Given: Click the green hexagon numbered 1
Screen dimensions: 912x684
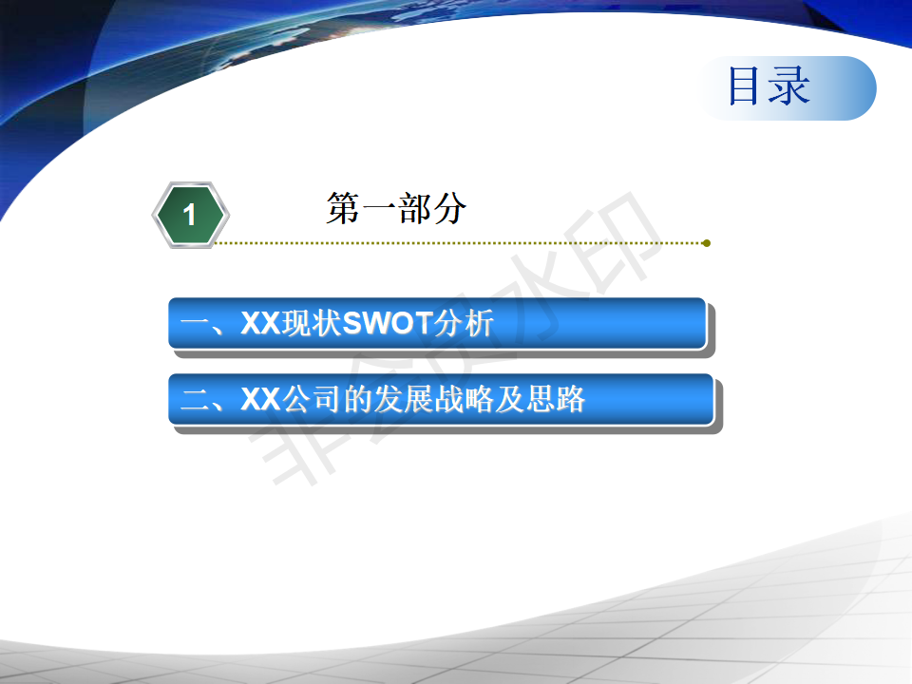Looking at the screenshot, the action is coord(191,215).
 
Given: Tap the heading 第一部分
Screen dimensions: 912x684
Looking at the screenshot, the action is coord(396,208).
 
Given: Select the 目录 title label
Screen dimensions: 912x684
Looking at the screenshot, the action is coord(769,86).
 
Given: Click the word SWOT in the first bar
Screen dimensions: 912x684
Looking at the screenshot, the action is coord(387,323).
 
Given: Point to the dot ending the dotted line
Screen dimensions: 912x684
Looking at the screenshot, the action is coord(706,243).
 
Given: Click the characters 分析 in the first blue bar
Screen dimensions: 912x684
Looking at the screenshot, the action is coord(464,323).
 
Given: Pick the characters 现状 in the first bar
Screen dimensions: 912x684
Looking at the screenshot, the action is coord(312,323).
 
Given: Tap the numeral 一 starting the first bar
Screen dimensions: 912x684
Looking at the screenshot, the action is coord(195,323).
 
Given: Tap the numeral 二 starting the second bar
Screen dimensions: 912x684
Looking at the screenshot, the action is coord(195,400).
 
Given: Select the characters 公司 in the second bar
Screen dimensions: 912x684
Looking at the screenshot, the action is coord(312,399).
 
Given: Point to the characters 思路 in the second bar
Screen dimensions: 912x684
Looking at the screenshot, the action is coord(555,399).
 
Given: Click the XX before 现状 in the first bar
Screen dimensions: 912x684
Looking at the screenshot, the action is coord(260,323).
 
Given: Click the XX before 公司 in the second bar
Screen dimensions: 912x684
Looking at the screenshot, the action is coord(260,399).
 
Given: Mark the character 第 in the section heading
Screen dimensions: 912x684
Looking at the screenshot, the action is coord(343,208).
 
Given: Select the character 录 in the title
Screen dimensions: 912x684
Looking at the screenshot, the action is coord(789,86).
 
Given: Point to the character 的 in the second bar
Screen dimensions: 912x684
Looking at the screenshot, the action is coord(357,399).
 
